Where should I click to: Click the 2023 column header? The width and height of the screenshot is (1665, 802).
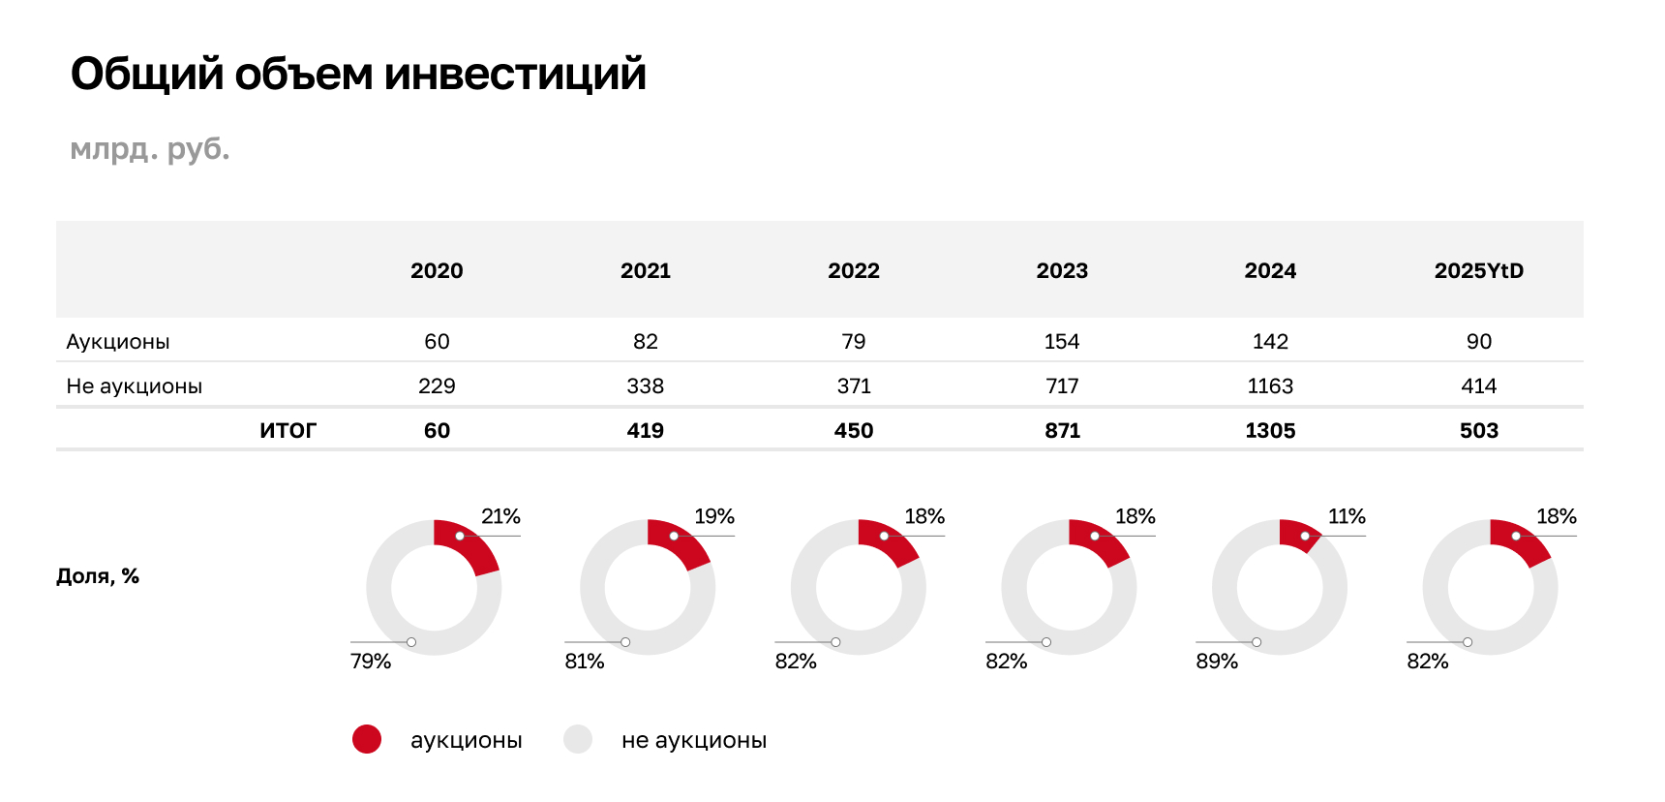click(1062, 271)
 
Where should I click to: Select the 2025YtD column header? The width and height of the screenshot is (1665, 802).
click(1478, 271)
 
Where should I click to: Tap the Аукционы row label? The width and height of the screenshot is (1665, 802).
click(118, 342)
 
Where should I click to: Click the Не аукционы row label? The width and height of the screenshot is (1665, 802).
click(135, 386)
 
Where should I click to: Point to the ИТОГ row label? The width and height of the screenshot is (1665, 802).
click(288, 431)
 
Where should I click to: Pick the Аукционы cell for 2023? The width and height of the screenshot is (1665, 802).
click(1062, 342)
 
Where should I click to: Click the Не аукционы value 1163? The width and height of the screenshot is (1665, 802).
click(1270, 386)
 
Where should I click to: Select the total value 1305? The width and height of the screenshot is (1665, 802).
click(1270, 431)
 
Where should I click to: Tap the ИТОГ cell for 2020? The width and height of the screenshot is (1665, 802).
click(437, 431)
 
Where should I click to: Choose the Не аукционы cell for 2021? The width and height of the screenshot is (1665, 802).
click(645, 386)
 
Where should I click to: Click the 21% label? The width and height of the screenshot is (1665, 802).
click(500, 516)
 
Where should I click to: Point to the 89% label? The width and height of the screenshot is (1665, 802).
click(1217, 662)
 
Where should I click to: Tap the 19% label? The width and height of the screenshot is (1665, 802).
click(714, 516)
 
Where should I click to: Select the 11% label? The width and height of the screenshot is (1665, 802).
click(1347, 516)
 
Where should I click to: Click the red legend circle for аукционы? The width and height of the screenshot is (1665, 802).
click(367, 740)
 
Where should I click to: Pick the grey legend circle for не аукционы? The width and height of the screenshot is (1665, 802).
click(578, 740)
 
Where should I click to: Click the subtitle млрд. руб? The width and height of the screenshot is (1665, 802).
click(150, 149)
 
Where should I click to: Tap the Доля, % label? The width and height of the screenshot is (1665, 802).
click(98, 576)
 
